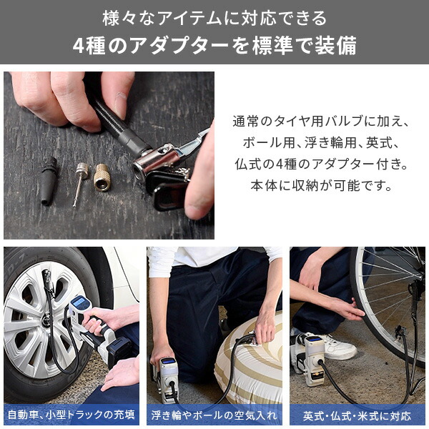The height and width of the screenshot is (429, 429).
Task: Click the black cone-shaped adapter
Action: pos(49,181)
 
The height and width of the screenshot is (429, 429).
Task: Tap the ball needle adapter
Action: pos(80,183)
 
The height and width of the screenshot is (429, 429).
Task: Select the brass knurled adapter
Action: pos(102,177)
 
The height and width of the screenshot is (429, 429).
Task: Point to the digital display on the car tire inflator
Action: pos(79,302)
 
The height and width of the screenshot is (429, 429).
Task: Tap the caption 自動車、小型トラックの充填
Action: pos(71,415)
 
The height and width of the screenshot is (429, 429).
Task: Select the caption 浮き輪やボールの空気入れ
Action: pos(214,415)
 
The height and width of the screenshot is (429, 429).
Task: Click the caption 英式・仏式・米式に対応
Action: pos(357,416)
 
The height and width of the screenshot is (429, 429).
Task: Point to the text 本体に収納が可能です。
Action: pos(322,186)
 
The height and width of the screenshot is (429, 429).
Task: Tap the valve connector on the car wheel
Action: pos(48,280)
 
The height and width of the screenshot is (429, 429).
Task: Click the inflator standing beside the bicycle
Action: pos(312,360)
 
